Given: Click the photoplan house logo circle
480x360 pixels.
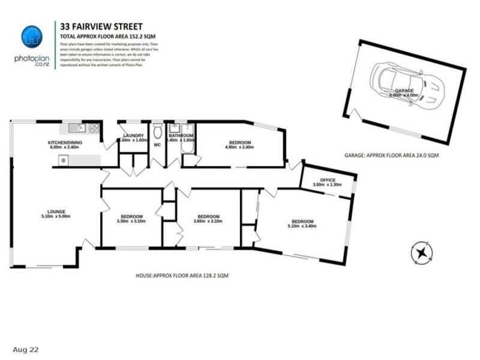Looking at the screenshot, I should click(32, 36).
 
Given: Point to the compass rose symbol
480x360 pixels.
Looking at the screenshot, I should click(421, 252).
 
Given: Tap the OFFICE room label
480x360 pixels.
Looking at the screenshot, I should click(327, 179).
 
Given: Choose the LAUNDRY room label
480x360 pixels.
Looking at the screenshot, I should click(133, 136).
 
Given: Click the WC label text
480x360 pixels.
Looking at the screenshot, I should click(157, 144).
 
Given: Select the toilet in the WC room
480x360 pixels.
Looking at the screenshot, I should click(157, 130).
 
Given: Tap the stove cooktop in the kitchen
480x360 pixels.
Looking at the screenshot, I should click(94, 128).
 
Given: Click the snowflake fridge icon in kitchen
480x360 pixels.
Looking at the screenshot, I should click(62, 160).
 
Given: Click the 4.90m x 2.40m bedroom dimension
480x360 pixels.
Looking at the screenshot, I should click(238, 148).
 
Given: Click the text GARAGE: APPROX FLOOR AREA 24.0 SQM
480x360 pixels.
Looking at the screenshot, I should click(391, 155).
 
